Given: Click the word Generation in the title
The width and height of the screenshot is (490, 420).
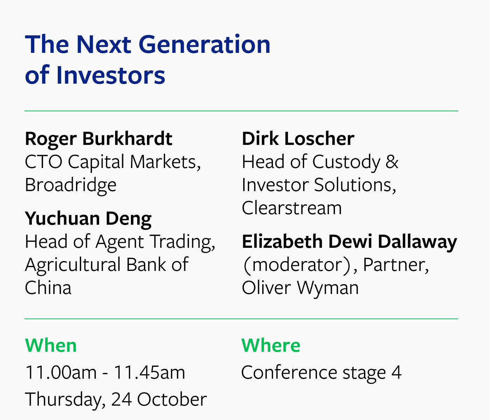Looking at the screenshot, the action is [204, 44].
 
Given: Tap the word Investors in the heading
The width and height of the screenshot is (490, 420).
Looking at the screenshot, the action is [111, 75].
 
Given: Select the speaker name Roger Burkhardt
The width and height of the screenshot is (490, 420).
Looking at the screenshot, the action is [99, 139].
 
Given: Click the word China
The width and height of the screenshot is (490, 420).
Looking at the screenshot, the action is [48, 288].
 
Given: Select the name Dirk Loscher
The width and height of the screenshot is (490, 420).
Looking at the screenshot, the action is [298, 139].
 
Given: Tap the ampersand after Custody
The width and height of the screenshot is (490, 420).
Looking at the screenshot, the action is [392, 162].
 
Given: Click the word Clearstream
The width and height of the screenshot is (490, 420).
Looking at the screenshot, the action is [292, 208].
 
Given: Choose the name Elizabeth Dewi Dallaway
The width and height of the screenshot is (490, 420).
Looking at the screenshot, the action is [349, 242].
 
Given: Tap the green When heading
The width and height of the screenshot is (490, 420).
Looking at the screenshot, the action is [51, 345].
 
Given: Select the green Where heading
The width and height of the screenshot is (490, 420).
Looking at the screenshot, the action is [271, 345].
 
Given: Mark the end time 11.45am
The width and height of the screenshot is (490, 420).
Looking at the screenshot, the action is [149, 372].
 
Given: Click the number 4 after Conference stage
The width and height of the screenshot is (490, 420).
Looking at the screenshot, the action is [396, 372].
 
